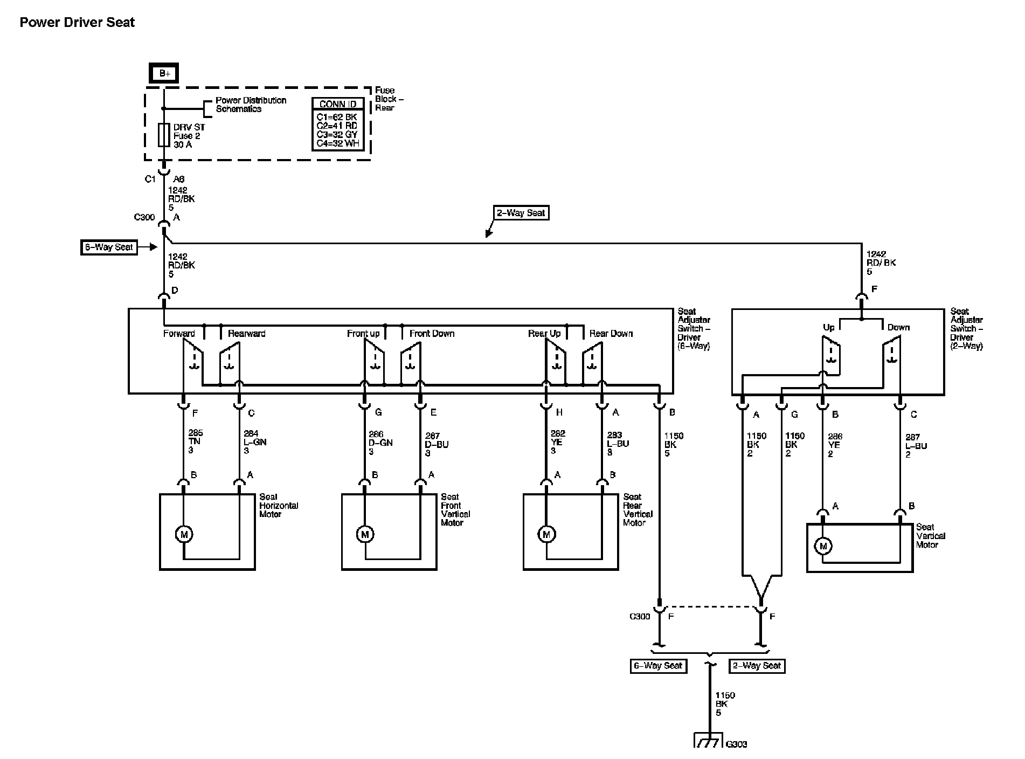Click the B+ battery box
[x=164, y=74]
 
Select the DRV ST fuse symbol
[x=164, y=135]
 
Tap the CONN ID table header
[x=338, y=104]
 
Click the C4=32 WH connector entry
[x=337, y=143]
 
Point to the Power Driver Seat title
[x=77, y=23]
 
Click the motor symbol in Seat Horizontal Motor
[x=184, y=534]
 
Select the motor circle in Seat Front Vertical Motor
[x=365, y=534]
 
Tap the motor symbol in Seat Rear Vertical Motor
[x=546, y=534]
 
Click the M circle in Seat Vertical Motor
[x=823, y=546]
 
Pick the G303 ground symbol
[x=707, y=741]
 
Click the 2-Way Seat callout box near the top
[x=521, y=213]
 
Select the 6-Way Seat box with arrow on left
[x=109, y=247]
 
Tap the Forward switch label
[x=179, y=334]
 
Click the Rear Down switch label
[x=611, y=334]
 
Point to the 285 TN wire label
[x=195, y=441]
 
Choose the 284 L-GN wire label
[x=254, y=441]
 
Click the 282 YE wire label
[x=557, y=441]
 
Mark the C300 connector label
[x=144, y=217]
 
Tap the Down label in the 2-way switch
[x=898, y=327]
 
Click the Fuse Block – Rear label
[x=389, y=99]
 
